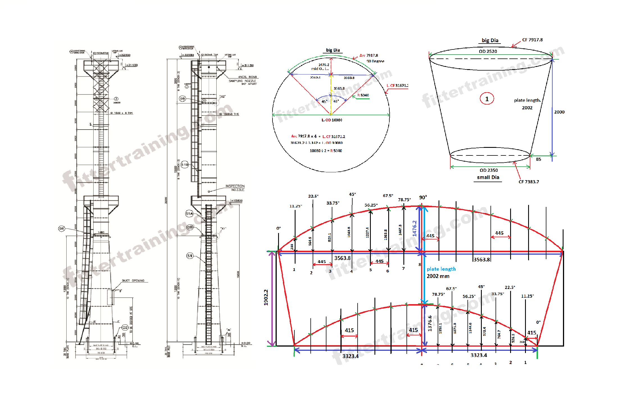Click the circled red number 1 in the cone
tap(487, 99)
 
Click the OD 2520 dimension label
tap(488, 51)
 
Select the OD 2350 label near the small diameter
tap(489, 170)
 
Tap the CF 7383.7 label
tap(528, 182)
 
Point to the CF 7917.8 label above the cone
tap(532, 40)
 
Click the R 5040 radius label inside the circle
tap(363, 95)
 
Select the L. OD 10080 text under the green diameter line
tap(332, 120)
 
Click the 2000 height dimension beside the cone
tap(559, 112)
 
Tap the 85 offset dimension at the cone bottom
tap(538, 159)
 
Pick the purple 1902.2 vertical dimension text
tap(266, 297)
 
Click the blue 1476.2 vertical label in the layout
tap(414, 228)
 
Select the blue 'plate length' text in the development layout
tap(441, 269)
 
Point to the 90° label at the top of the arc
tap(423, 198)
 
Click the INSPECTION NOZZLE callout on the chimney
tap(235, 188)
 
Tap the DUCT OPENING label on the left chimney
tap(133, 281)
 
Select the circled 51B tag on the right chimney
tap(185, 165)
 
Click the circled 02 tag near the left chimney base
tap(125, 327)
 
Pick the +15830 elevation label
tap(237, 201)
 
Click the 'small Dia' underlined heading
tap(488, 177)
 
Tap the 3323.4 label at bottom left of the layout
tap(350, 356)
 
